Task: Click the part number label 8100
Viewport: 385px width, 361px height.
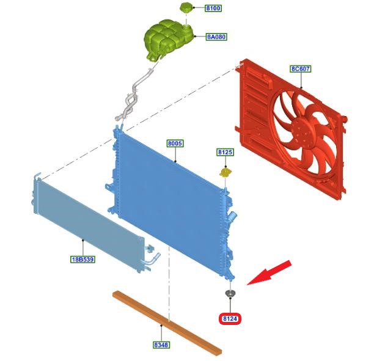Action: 213,8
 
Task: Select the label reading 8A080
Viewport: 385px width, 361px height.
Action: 216,37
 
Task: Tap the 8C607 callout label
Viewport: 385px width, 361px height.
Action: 300,68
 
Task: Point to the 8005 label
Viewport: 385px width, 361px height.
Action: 175,143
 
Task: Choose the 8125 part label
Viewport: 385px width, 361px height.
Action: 225,152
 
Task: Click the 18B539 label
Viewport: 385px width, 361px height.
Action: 82,259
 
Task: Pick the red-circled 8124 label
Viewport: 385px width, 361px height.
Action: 230,318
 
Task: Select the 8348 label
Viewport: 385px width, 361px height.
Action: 161,345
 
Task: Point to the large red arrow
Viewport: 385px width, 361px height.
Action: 269,273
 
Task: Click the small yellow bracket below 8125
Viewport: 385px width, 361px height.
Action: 226,172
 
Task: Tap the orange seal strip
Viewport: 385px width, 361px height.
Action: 167,323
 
